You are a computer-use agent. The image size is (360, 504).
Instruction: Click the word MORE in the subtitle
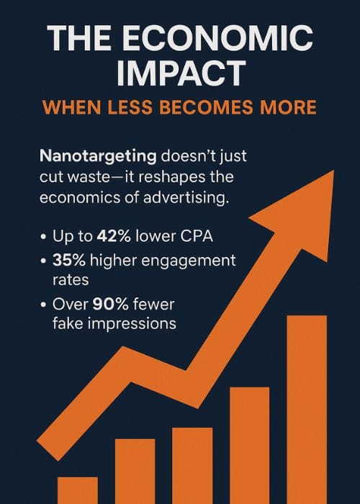286,109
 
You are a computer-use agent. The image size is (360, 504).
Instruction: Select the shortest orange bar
77,490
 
